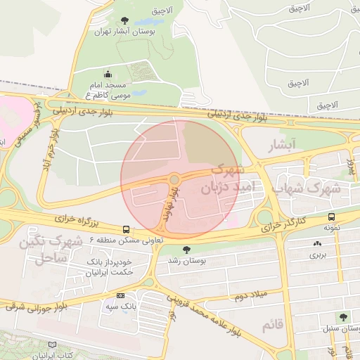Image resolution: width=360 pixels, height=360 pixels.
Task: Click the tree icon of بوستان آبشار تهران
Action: (x=125, y=20)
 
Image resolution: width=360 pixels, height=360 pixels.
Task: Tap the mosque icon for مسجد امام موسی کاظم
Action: (x=107, y=74)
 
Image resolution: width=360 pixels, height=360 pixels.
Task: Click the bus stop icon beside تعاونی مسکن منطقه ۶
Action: (x=126, y=229)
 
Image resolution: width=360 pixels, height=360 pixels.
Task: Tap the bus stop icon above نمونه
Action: (x=331, y=217)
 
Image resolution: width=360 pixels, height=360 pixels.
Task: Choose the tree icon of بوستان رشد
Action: (x=186, y=249)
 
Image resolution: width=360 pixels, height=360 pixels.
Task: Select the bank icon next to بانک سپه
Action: (x=120, y=295)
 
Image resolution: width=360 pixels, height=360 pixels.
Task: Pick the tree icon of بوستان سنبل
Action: (x=343, y=317)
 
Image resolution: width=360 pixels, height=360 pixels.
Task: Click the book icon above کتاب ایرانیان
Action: (x=51, y=345)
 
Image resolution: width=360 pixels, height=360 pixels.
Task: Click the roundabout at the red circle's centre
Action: (x=174, y=179)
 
